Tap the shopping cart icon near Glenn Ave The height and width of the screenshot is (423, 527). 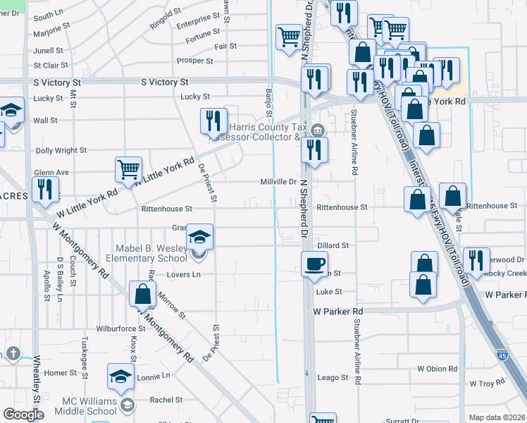129,169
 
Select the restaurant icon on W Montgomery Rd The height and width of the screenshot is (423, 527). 44,189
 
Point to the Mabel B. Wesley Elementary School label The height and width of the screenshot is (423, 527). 152,253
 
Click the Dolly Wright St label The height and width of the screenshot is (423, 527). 61,150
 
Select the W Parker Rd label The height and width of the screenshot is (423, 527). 338,311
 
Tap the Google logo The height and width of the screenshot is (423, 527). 23,415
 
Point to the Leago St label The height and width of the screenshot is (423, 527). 333,378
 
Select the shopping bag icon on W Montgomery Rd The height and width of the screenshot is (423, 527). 143,294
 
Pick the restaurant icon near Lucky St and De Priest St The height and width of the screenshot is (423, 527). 213,121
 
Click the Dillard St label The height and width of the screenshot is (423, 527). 333,245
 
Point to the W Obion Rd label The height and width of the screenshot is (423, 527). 438,369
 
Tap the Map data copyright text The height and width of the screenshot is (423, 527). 497,417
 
